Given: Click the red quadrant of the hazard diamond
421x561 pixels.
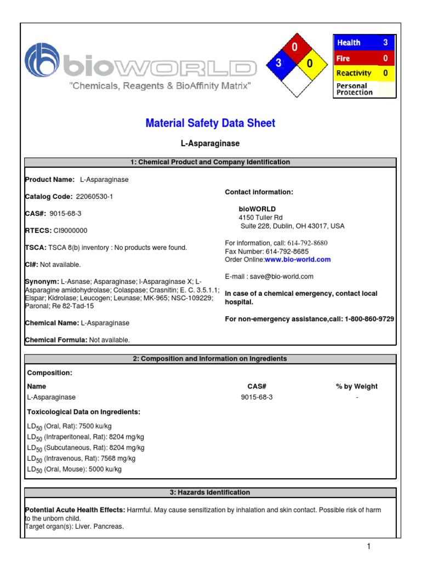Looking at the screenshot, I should tap(294, 49).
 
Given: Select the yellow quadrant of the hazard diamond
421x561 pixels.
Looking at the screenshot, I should tap(309, 64).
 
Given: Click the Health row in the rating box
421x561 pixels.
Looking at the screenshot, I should tap(363, 42).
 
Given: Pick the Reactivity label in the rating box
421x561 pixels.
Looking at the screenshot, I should tap(354, 73).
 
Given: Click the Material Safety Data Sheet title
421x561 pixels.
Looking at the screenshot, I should tap(210, 123).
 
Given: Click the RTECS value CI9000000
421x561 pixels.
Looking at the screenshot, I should tap(71, 231).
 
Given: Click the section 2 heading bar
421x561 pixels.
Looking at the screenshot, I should tap(210, 359).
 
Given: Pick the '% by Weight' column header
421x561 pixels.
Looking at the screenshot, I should tap(356, 386).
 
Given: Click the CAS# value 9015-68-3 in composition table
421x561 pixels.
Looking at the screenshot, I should tap(257, 397).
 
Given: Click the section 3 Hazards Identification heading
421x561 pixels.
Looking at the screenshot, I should tap(210, 493).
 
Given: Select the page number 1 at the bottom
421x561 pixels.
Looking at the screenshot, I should tap(369, 546).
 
